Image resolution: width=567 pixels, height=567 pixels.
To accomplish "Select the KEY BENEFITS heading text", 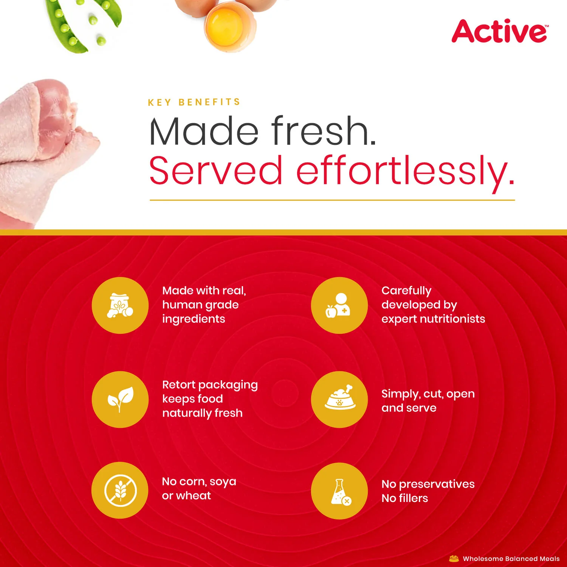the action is [194, 102].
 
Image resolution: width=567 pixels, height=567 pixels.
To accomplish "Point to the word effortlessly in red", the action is [406, 172].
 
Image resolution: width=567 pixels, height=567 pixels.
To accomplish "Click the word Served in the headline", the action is [216, 170].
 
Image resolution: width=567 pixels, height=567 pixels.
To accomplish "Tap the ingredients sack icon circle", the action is [120, 305].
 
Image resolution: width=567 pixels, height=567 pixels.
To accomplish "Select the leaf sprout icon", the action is [120, 399].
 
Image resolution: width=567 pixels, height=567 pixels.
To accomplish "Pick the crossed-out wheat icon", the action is [120, 490].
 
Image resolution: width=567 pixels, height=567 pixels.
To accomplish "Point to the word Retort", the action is [180, 384].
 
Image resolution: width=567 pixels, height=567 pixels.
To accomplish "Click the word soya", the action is [223, 482].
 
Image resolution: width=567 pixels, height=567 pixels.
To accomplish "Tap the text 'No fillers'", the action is [405, 498].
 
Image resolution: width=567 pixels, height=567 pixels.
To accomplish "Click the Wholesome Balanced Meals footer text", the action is [511, 559].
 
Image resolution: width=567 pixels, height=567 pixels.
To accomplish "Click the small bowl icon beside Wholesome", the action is [454, 559].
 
